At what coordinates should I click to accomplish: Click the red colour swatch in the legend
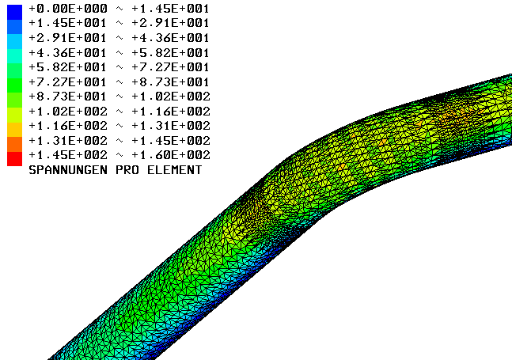pyautogui.click(x=15, y=158)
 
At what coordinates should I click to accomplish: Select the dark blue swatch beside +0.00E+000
pyautogui.click(x=15, y=12)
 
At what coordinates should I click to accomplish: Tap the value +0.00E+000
pyautogui.click(x=68, y=9)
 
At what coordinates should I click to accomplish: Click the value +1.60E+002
pyautogui.click(x=171, y=155)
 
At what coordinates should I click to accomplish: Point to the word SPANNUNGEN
pyautogui.click(x=68, y=170)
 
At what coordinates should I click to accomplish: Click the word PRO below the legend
pyautogui.click(x=127, y=170)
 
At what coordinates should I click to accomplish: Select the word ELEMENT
pyautogui.click(x=174, y=170)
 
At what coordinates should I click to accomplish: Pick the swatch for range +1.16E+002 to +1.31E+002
pyautogui.click(x=15, y=130)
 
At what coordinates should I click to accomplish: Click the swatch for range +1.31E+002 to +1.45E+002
pyautogui.click(x=15, y=144)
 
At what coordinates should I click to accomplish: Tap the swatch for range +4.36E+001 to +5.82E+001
pyautogui.click(x=15, y=56)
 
